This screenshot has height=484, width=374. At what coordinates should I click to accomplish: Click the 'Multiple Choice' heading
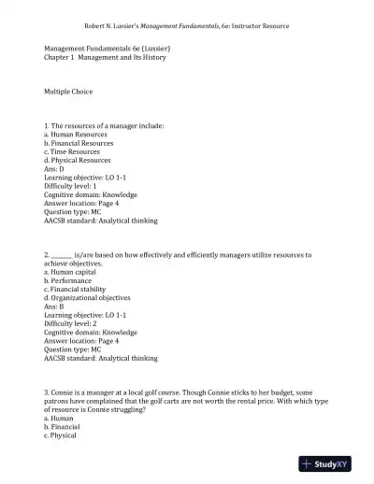[68, 91]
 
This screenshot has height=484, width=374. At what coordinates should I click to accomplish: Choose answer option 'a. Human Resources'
[75, 135]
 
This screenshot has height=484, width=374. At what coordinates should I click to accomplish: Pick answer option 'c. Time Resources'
[71, 151]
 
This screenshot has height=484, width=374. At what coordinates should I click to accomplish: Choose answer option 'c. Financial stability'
[78, 288]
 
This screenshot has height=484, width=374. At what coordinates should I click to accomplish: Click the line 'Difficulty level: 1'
[74, 186]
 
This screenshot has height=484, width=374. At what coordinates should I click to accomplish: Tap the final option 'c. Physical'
[60, 435]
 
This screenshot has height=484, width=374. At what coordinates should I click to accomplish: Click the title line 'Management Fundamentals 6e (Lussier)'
[108, 47]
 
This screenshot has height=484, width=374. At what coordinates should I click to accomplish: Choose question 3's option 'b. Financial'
[63, 427]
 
